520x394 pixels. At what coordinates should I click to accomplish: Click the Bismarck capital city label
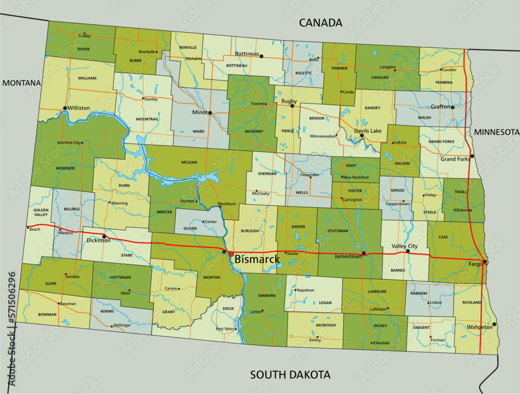coord(257,259)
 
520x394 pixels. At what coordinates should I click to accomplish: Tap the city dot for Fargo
coord(485,262)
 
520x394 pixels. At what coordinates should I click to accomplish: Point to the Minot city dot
coord(210,112)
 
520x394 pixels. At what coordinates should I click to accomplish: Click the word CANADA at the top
coord(320,23)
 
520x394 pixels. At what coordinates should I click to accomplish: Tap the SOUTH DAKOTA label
coord(290,374)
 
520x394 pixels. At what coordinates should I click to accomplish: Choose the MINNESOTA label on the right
coord(497,132)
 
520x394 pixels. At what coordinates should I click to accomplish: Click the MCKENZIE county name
coord(66,168)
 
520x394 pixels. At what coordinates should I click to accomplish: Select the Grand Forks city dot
coord(472,156)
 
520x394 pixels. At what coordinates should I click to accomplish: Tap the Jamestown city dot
coord(363,253)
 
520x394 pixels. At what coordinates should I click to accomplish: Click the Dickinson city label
coord(99,241)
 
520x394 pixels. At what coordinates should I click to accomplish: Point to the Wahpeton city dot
coord(494,324)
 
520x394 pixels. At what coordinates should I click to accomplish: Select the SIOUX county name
coord(228,308)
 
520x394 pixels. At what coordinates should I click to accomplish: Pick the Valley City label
coord(405,246)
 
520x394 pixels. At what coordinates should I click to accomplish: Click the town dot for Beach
coord(28,227)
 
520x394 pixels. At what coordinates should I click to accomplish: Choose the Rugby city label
coord(289,101)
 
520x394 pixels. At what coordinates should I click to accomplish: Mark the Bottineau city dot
coord(262,56)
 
